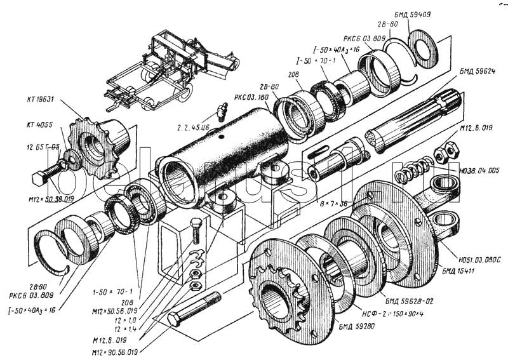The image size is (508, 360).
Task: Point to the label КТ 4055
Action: coord(38,126)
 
